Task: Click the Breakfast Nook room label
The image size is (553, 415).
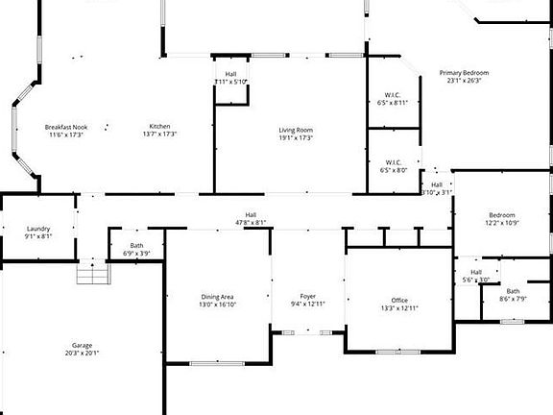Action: (66, 127)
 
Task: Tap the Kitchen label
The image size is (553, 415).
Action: (158, 127)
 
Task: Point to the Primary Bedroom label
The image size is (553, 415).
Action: (464, 73)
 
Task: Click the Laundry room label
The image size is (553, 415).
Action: (38, 229)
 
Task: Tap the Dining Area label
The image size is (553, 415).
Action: (217, 296)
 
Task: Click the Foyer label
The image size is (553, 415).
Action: (307, 296)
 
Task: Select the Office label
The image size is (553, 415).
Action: (398, 301)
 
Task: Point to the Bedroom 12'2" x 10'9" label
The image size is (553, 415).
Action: (501, 215)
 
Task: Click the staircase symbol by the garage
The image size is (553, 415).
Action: (93, 275)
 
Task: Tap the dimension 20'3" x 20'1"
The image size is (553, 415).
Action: (82, 353)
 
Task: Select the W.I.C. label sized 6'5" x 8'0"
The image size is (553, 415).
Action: (394, 162)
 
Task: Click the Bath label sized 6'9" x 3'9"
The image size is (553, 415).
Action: (137, 247)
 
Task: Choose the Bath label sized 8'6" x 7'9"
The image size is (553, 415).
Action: (514, 291)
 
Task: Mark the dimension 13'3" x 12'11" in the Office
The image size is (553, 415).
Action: (398, 308)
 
